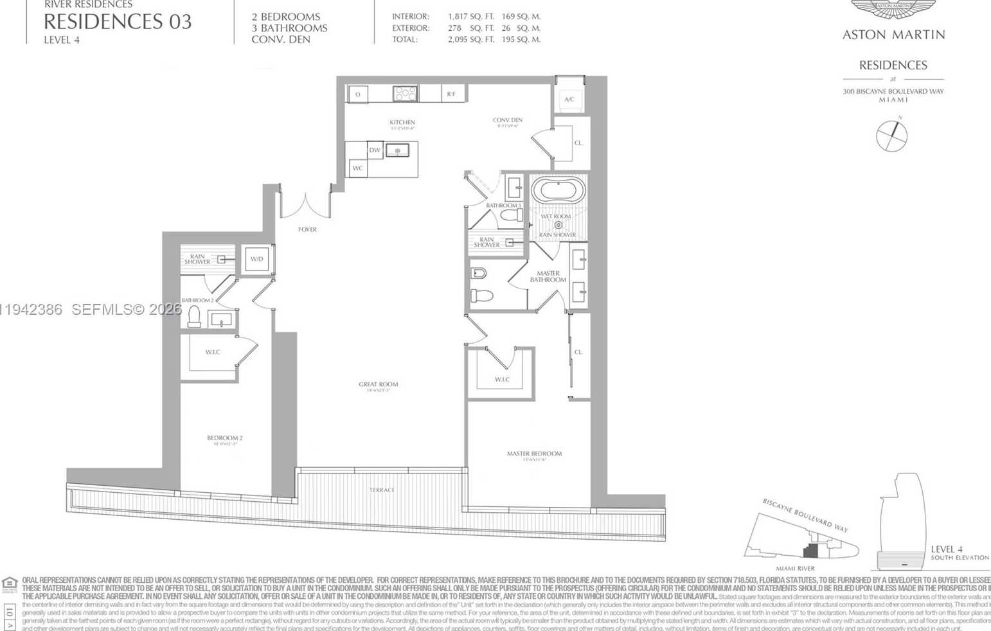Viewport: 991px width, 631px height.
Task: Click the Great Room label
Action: [x=378, y=385]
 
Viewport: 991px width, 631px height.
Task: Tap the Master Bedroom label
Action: [x=534, y=454]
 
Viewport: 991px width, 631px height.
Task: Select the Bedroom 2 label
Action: [x=224, y=438]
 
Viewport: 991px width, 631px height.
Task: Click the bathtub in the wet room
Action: [x=558, y=191]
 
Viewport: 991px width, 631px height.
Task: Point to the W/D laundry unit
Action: [x=257, y=260]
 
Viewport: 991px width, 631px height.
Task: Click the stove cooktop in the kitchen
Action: [x=405, y=94]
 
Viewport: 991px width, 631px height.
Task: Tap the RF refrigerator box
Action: [x=452, y=94]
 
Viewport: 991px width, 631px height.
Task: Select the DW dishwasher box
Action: [x=375, y=150]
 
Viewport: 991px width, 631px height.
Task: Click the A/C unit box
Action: [x=569, y=100]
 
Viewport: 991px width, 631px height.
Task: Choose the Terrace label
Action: [x=382, y=490]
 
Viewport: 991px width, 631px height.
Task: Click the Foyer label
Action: [x=307, y=229]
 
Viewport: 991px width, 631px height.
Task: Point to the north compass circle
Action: [x=891, y=136]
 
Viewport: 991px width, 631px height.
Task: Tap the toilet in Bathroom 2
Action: [x=194, y=317]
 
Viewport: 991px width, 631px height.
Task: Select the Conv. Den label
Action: [x=508, y=120]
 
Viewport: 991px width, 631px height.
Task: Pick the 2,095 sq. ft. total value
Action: [x=470, y=40]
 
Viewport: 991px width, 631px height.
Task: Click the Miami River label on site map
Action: [x=795, y=568]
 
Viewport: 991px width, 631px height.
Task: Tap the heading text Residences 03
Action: [x=118, y=22]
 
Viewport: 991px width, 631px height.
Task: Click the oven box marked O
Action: [x=358, y=94]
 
